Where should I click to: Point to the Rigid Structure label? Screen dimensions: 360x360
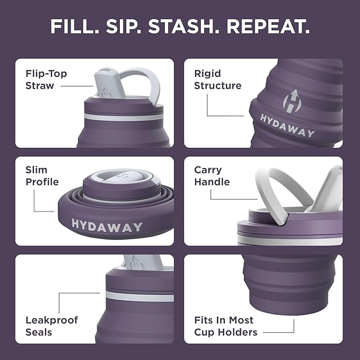217,80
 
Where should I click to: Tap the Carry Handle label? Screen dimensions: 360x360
212,176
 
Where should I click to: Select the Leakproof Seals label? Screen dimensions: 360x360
51,326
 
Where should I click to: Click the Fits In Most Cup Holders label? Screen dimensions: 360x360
225,326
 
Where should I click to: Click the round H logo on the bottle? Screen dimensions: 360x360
291,100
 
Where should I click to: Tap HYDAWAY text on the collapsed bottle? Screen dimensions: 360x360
107,226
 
